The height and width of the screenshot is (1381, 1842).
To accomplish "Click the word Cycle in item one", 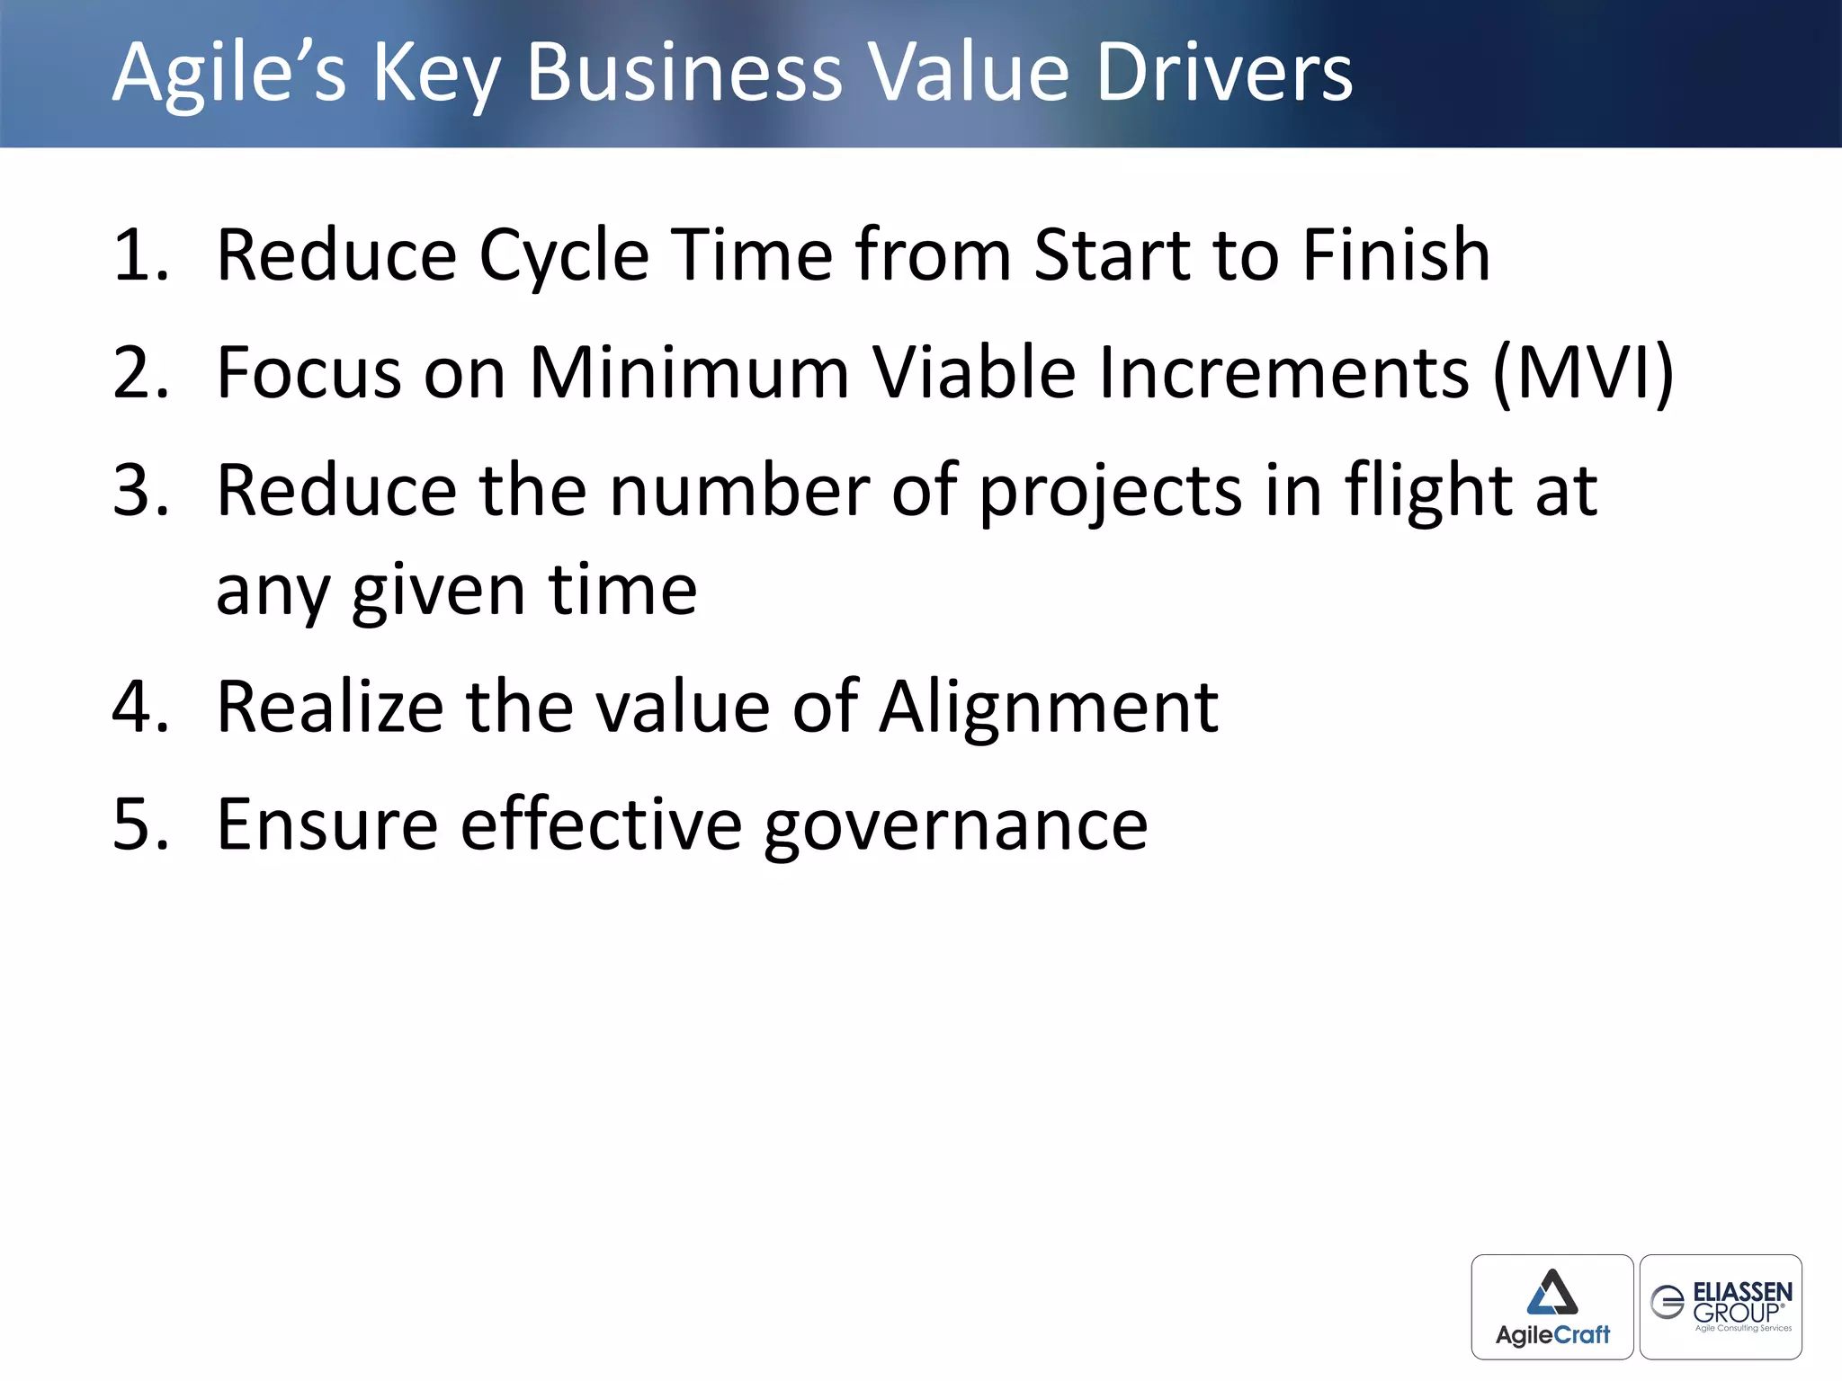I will [564, 256].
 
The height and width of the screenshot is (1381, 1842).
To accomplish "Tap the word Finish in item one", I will [1396, 256].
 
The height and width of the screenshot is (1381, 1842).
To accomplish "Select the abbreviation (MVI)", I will [1583, 373].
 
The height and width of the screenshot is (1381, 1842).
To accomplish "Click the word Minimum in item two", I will [689, 373].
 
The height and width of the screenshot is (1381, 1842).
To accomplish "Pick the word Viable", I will [974, 373].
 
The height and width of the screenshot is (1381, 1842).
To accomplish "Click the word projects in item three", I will [1110, 493].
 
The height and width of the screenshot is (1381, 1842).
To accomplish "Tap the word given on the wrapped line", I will [438, 592].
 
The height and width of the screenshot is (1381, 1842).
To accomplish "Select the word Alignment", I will [1049, 708].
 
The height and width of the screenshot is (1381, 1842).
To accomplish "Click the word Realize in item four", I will [330, 708].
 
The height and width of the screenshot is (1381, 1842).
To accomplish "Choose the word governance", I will [955, 825].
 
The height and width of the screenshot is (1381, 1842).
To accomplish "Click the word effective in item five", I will [601, 825].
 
